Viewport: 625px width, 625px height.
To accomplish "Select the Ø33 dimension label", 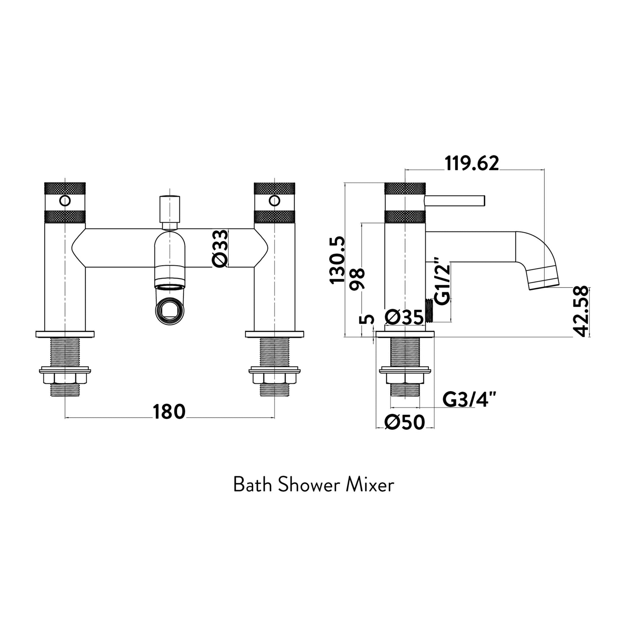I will (221, 249).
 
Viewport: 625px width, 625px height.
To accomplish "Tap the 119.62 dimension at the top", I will (472, 163).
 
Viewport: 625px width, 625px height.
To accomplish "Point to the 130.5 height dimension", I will (337, 260).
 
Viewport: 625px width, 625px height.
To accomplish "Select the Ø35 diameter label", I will (404, 317).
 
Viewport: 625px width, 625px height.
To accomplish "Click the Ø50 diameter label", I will (405, 422).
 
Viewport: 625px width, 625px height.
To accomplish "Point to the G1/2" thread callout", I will (442, 281).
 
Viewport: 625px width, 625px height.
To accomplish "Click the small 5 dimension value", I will (366, 320).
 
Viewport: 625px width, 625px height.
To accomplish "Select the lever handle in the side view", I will (454, 200).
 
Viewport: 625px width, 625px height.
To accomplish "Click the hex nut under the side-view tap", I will (405, 378).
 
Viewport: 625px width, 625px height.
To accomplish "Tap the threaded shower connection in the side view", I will (429, 311).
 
